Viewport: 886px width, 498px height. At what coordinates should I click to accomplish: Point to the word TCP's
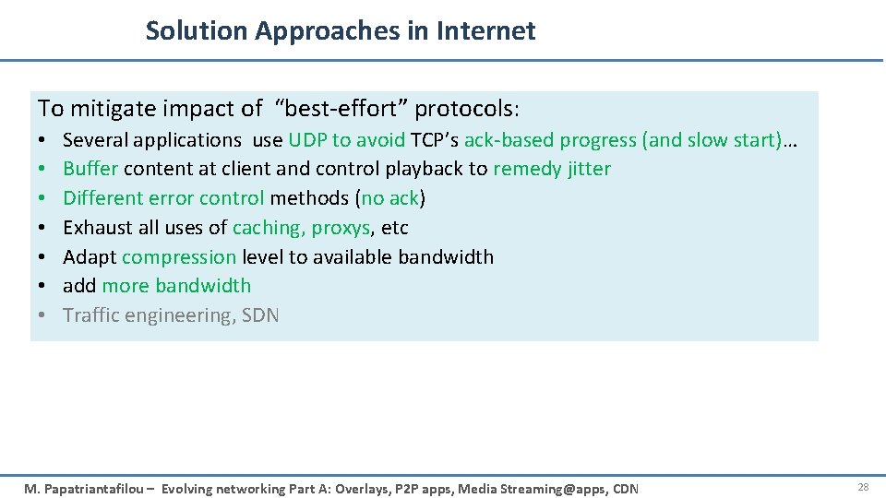click(434, 140)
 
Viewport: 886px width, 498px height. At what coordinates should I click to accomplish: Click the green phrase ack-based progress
click(550, 140)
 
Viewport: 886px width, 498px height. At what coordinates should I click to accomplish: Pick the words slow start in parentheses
click(730, 140)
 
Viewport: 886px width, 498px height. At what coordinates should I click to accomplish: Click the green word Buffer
click(90, 169)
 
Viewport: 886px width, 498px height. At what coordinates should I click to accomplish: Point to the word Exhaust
click(97, 228)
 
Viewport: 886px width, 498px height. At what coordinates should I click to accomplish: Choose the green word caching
click(268, 228)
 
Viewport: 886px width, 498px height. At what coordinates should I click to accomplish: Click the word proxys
click(341, 228)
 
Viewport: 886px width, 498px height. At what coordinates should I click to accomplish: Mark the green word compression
click(179, 257)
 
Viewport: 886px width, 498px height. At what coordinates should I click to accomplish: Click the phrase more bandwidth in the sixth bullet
click(176, 286)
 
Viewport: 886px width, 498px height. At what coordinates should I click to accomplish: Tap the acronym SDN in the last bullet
click(259, 315)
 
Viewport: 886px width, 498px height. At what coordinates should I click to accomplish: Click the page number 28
click(863, 487)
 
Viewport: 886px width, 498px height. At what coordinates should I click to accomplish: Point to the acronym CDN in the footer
click(624, 489)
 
